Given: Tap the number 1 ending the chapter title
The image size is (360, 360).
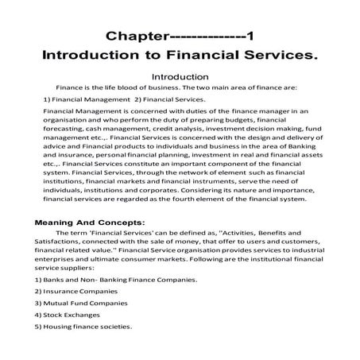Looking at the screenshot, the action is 250,37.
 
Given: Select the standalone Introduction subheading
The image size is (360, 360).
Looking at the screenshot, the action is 180,75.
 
